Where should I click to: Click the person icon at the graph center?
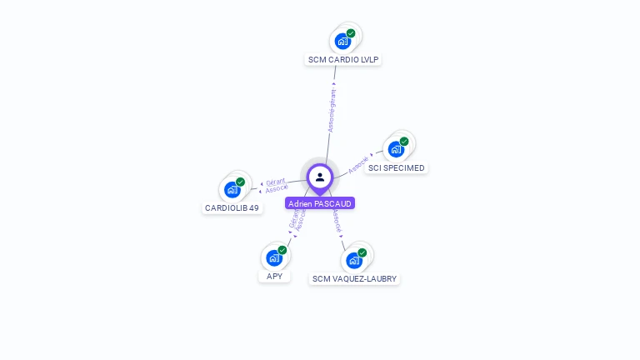point(320,177)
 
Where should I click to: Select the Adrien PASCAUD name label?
point(320,203)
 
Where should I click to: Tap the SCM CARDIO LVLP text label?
point(344,60)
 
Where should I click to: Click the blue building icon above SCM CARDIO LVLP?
point(342,41)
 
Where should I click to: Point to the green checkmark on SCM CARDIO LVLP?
point(351,33)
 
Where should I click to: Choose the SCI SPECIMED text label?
point(397,168)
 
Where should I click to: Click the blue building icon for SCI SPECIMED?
point(396,149)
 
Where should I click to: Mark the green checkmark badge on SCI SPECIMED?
point(404,142)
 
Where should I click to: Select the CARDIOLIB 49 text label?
point(232,208)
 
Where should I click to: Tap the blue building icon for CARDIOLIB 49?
point(232,189)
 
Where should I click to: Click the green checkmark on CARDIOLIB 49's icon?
point(240,182)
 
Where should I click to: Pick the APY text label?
point(274,277)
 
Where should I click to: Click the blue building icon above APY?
point(273,257)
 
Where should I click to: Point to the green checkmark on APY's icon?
point(282,250)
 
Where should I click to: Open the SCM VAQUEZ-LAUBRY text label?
point(354,279)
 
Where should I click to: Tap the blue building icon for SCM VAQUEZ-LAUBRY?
point(353,259)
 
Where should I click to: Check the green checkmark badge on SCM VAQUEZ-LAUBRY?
point(362,252)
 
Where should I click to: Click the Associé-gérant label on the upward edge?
point(332,109)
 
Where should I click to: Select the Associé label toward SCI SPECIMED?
point(358,163)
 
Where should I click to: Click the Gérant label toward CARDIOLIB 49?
point(276,181)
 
